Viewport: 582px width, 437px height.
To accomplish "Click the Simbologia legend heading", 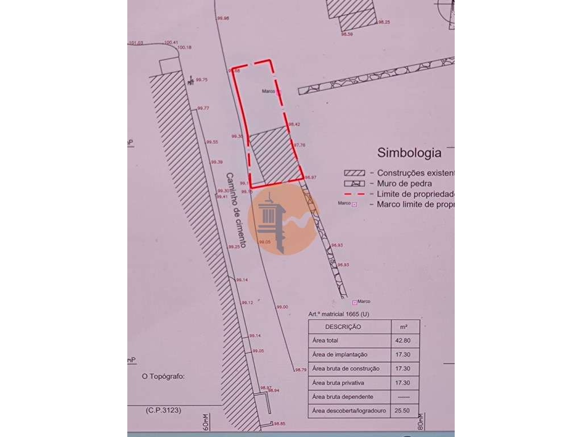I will coord(409,152).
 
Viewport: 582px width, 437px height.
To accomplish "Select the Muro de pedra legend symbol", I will coord(354,184).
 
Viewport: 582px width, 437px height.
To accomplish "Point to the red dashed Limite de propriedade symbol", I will coord(354,195).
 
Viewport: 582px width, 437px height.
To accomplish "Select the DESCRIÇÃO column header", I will coord(343,327).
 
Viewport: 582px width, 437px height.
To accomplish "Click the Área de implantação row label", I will coord(339,354).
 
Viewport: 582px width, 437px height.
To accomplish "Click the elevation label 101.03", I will coord(136,43).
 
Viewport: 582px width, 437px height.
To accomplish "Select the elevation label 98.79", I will coord(300,370).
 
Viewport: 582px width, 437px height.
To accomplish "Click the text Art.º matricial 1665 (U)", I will coord(338,314).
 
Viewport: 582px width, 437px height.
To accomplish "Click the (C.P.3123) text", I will coord(163,410).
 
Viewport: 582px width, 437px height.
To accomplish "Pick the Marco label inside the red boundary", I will coord(269,91).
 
